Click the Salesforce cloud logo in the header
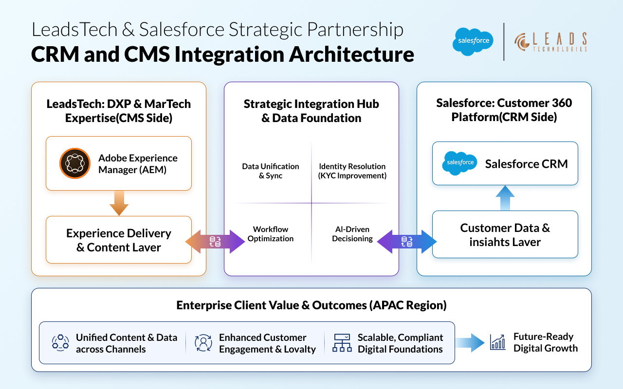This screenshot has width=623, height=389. coord(473,41)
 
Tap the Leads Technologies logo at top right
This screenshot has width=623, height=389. coord(550,42)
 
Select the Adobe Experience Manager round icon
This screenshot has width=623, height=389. coord(75,163)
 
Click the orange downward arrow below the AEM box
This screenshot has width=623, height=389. coord(119,203)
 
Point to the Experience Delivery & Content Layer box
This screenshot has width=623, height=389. coord(119,240)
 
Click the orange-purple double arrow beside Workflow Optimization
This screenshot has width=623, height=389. coord(215,242)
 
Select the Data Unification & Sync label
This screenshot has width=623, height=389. coord(271,171)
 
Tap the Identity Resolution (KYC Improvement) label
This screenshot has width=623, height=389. coord(352,171)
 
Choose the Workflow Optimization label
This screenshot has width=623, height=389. coord(271,234)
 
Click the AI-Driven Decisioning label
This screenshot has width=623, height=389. coord(352,234)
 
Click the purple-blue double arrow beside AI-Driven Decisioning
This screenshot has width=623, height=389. coord(407,242)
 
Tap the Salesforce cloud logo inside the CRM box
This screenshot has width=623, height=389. coord(460,163)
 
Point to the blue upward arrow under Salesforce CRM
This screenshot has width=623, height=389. coord(505,198)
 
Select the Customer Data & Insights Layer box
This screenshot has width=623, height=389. coord(505,234)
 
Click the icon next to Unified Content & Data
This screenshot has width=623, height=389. coord(60,343)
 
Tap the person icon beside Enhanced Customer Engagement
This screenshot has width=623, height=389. coord(203,343)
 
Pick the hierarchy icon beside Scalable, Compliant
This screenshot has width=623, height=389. coord(342,343)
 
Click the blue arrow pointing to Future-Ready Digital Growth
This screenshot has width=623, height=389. coord(471,342)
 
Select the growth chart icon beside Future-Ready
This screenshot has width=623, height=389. coord(497,342)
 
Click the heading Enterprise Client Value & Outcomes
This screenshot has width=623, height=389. coord(311,305)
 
